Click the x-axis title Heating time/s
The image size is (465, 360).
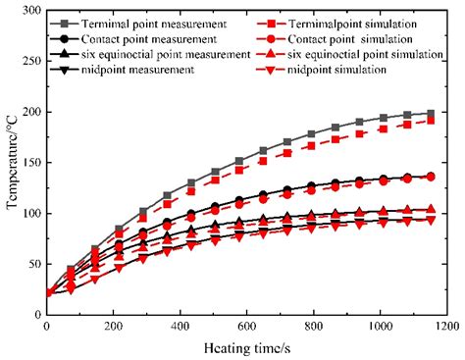coord(246,349)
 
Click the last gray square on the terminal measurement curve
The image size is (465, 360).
coord(432,114)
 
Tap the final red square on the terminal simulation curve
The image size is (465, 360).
coord(432,120)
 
